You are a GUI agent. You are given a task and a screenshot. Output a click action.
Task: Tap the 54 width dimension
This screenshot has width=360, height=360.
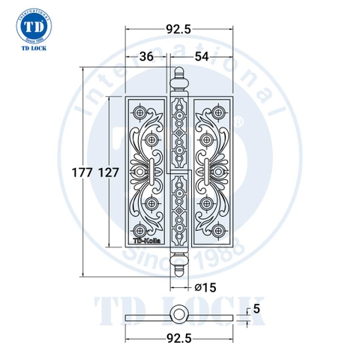[x=202, y=56]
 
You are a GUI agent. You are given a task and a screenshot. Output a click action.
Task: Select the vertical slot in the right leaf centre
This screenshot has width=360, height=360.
[x=205, y=172]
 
